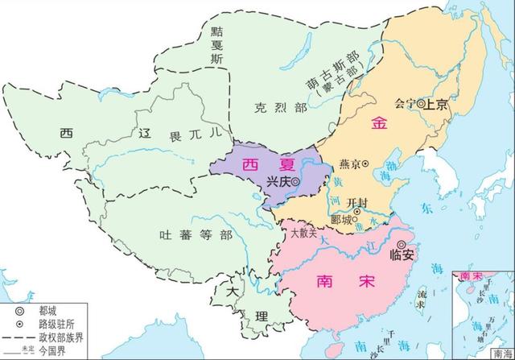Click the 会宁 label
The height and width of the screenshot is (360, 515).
click(x=406, y=103)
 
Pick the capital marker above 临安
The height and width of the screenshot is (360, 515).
click(x=404, y=239)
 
